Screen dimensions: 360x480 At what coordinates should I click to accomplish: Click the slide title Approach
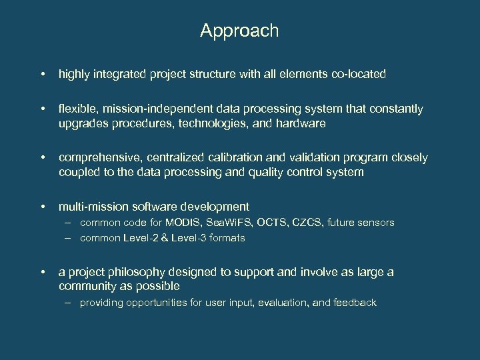click(239, 31)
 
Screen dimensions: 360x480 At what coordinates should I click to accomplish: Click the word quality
click(265, 173)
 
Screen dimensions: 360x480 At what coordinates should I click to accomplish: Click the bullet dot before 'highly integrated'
click(42, 74)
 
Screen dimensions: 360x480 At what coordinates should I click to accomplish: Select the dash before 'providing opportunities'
click(69, 303)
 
